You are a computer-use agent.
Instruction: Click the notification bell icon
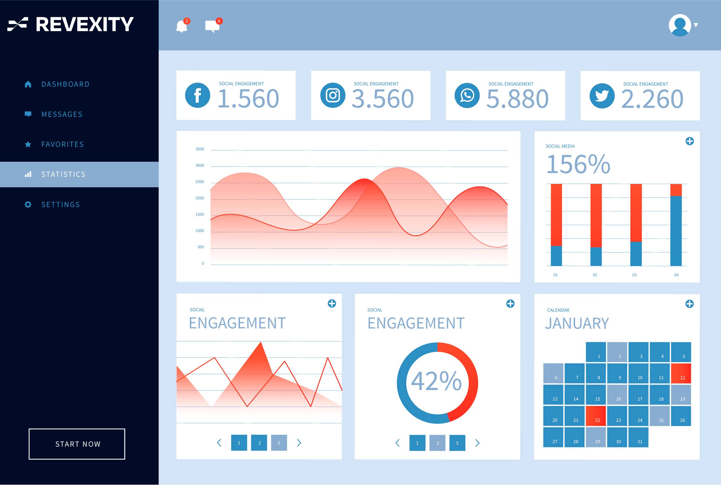coord(182,26)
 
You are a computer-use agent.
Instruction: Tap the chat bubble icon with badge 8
coord(212,26)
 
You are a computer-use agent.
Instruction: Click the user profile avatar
coord(680,25)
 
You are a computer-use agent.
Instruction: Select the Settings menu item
coord(61,205)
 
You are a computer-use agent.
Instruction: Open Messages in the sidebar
coord(62,114)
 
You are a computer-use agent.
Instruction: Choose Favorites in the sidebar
coord(62,144)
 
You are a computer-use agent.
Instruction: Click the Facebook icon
coord(197,95)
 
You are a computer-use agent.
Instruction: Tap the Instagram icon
coord(332,95)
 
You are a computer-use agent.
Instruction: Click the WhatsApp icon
coord(467,96)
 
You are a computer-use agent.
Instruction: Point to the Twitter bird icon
coord(602,96)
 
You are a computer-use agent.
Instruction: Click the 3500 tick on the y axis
coord(200,149)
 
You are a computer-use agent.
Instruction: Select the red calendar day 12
coord(681,373)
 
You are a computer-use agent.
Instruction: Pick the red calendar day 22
coord(596,416)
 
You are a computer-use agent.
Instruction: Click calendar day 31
coord(638,437)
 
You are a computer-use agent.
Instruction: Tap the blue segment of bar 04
coord(676,231)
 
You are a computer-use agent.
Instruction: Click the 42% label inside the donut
coord(436,381)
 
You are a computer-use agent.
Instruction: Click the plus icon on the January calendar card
coord(689,304)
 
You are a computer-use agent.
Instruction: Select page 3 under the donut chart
coord(457,443)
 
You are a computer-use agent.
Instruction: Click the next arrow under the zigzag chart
coord(299,443)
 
